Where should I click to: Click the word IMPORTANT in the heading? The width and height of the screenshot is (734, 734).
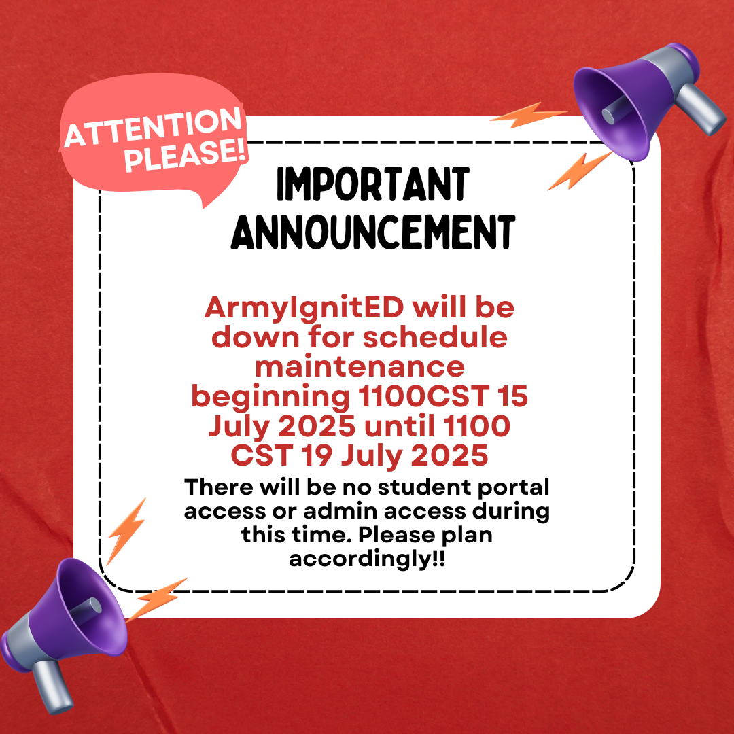click(373, 184)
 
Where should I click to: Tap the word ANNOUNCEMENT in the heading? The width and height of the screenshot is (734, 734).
click(373, 232)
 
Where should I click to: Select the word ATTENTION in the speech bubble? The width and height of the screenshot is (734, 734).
click(153, 126)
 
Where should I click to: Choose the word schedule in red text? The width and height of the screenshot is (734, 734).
click(436, 337)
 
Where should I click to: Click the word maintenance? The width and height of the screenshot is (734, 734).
click(360, 366)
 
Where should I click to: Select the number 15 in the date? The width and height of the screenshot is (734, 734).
click(512, 396)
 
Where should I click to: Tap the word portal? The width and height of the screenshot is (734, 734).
click(514, 488)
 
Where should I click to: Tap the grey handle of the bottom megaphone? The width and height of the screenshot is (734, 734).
click(52, 686)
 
